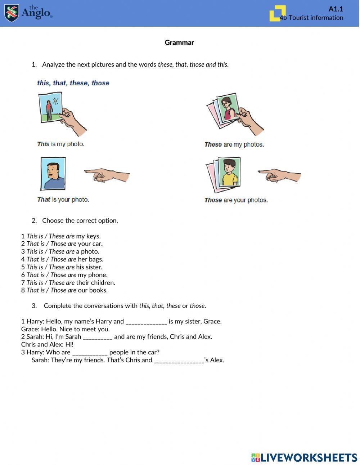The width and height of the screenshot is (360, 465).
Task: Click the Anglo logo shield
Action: click(x=12, y=13)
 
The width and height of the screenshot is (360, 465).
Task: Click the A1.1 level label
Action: click(x=336, y=9)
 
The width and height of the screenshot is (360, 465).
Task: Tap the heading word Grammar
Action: click(x=179, y=43)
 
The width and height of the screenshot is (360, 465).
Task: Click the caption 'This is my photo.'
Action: click(x=60, y=144)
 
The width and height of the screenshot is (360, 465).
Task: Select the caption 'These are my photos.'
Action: click(x=234, y=144)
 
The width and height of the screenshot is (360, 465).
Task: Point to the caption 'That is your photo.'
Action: click(x=63, y=200)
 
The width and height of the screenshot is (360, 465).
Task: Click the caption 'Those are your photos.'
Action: click(x=236, y=200)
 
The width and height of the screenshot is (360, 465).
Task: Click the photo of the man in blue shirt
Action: click(x=53, y=173)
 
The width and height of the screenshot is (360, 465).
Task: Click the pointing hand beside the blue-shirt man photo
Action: click(x=107, y=175)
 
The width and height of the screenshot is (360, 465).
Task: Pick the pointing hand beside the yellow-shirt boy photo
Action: click(x=279, y=175)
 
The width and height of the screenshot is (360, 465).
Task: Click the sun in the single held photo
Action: click(x=55, y=100)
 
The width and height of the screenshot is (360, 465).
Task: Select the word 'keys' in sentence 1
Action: click(x=93, y=236)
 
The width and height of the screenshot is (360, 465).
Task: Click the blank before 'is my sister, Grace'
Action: click(x=146, y=322)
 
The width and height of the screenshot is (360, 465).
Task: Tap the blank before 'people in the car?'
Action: click(x=90, y=353)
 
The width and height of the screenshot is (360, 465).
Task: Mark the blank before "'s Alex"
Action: click(x=179, y=360)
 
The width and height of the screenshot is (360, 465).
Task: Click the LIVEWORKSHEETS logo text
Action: click(x=309, y=457)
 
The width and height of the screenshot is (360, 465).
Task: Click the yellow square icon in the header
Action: click(x=277, y=13)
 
